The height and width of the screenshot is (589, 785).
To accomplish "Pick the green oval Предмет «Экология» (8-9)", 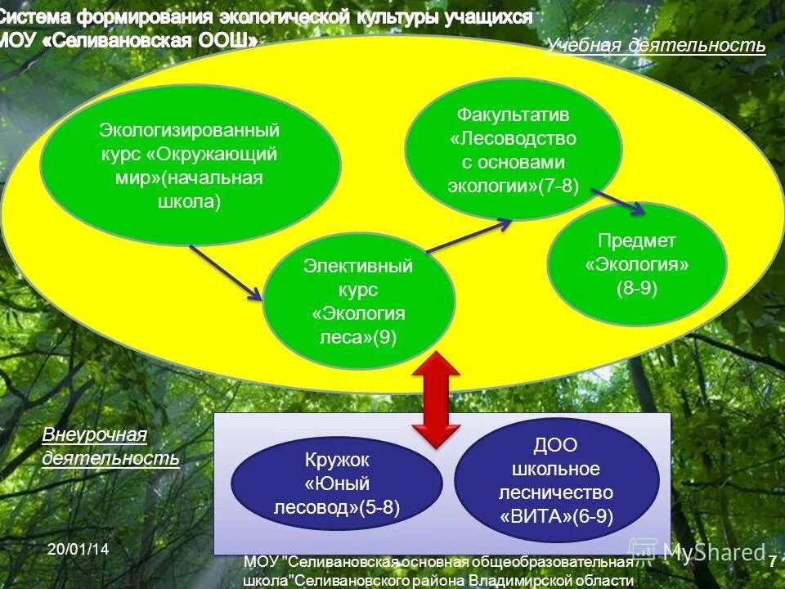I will coord(637,264).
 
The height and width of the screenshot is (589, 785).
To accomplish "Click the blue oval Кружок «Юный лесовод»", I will coord(338,484).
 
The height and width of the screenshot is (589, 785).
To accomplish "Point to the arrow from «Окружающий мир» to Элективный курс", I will coord(227,273).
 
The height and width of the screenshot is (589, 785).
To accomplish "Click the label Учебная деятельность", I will coord(656,46).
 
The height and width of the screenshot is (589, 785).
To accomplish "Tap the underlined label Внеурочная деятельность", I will coord(110,447).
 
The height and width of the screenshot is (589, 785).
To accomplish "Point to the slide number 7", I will coord(771,562).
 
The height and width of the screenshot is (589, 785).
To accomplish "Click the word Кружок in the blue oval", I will coord(338,461).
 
